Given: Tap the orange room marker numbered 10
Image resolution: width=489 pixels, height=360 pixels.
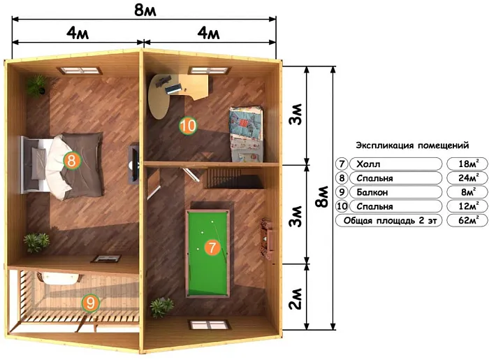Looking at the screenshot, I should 187,126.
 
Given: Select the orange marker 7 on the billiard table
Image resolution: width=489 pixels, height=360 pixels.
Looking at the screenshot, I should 210,246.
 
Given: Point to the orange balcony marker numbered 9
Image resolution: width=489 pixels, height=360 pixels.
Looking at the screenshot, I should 91,303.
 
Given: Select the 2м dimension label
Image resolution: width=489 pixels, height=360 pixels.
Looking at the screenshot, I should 296,296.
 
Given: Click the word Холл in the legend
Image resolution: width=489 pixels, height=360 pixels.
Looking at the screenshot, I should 370,164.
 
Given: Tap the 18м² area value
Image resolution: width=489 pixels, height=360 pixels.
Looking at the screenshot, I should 465,164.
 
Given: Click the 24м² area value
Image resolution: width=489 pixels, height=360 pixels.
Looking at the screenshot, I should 465,178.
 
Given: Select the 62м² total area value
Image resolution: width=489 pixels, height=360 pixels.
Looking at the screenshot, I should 465,221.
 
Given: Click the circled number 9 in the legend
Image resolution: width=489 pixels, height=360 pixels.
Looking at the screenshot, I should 342,192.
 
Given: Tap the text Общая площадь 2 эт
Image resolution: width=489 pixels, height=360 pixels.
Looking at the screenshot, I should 388,221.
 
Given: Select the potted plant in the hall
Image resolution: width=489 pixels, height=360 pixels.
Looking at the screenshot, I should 162,307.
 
